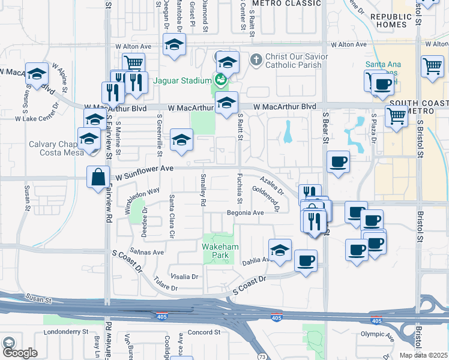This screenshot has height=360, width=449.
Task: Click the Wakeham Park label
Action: click(220, 251)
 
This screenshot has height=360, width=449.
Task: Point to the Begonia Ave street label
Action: click(245, 213)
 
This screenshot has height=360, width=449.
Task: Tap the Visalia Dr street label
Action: click(184, 277)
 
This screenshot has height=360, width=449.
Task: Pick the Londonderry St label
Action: click(66, 331)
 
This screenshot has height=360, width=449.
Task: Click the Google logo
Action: click(19, 353)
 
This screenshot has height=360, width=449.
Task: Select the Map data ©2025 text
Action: click(423, 355)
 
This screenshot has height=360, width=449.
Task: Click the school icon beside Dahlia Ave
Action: click(280, 250)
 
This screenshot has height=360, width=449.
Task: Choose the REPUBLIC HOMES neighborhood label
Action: click(392, 21)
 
